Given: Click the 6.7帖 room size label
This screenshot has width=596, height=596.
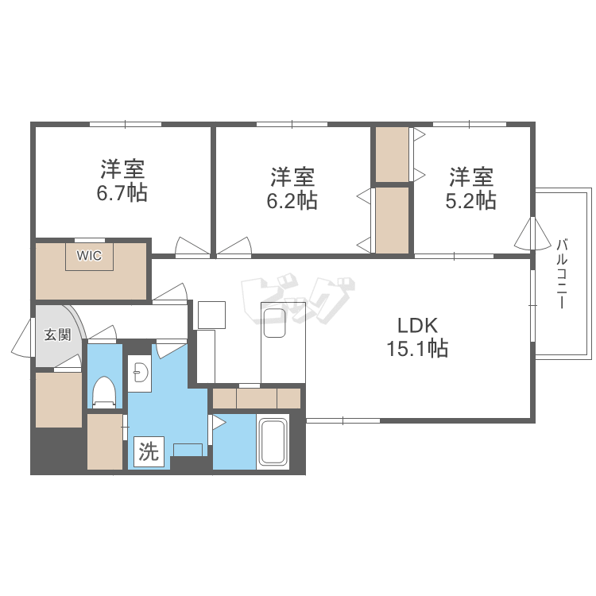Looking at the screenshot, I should pyautogui.click(x=123, y=192).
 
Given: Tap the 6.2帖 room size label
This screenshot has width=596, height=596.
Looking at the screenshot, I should pyautogui.click(x=292, y=200).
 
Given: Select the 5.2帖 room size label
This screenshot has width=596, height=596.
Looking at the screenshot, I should pyautogui.click(x=470, y=199).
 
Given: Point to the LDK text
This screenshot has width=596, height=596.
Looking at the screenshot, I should pyautogui.click(x=419, y=325).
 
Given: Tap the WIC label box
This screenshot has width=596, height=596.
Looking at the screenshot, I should pyautogui.click(x=89, y=256).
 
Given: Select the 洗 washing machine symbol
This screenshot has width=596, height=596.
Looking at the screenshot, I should pyautogui.click(x=149, y=452).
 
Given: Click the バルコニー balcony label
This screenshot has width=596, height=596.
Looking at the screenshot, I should pyautogui.click(x=561, y=273).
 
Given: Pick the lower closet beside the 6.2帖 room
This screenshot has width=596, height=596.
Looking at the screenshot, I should pyautogui.click(x=392, y=220).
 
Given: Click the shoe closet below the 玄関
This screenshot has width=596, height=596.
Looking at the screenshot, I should pyautogui.click(x=59, y=400).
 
